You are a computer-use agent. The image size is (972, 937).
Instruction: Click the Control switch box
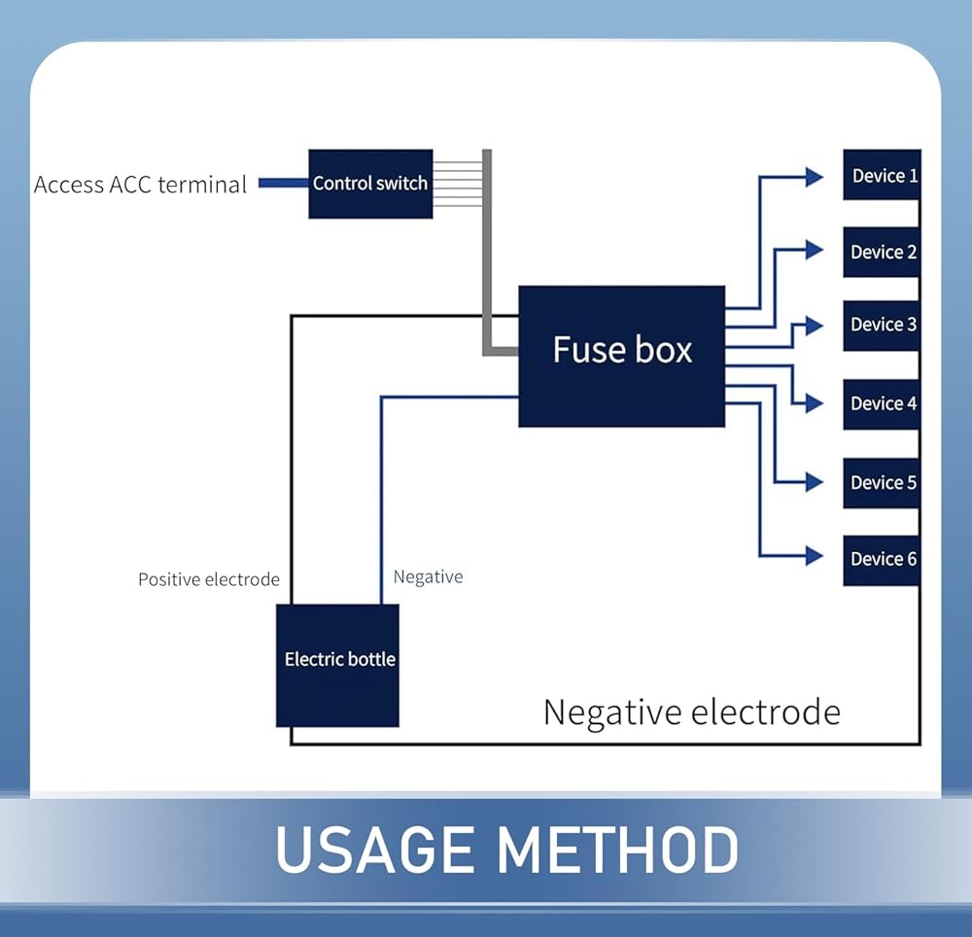[370, 183]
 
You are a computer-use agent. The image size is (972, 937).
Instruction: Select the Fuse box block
[621, 356]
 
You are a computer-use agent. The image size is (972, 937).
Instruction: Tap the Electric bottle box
[337, 665]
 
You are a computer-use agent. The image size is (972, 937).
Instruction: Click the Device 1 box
[882, 175]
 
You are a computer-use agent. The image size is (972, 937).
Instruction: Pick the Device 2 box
[882, 252]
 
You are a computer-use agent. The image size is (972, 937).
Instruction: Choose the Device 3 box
[882, 325]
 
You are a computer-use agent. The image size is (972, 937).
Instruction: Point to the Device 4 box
[882, 403]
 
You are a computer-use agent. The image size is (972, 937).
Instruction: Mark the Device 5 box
[882, 482]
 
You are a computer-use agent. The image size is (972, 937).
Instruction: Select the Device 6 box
[882, 559]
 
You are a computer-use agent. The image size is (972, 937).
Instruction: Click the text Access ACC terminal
[140, 185]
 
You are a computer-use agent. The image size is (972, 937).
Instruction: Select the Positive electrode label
[208, 580]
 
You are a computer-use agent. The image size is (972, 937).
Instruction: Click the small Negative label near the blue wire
[428, 577]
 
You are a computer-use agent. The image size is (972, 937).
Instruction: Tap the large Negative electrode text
[691, 712]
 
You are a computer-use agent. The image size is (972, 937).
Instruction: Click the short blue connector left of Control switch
[283, 183]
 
